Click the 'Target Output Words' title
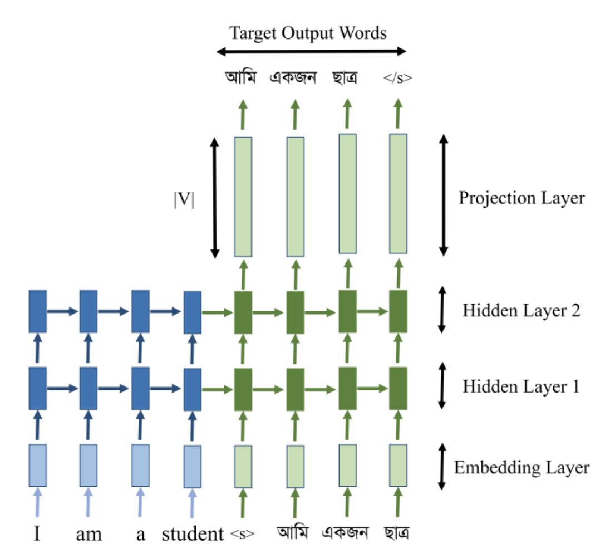click(308, 33)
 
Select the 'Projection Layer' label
click(522, 198)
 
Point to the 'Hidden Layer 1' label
click(521, 386)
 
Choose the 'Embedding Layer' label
click(522, 467)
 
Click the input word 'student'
click(193, 535)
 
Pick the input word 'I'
click(37, 535)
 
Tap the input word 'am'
click(88, 535)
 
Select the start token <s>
click(243, 534)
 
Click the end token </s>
click(399, 78)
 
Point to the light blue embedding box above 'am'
click(88, 466)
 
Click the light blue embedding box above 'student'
click(193, 466)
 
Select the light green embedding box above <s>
click(243, 466)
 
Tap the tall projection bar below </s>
click(398, 194)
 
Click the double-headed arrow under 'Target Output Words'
click(311, 52)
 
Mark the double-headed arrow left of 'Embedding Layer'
click(442, 467)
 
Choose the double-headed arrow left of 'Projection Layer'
click(444, 194)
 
